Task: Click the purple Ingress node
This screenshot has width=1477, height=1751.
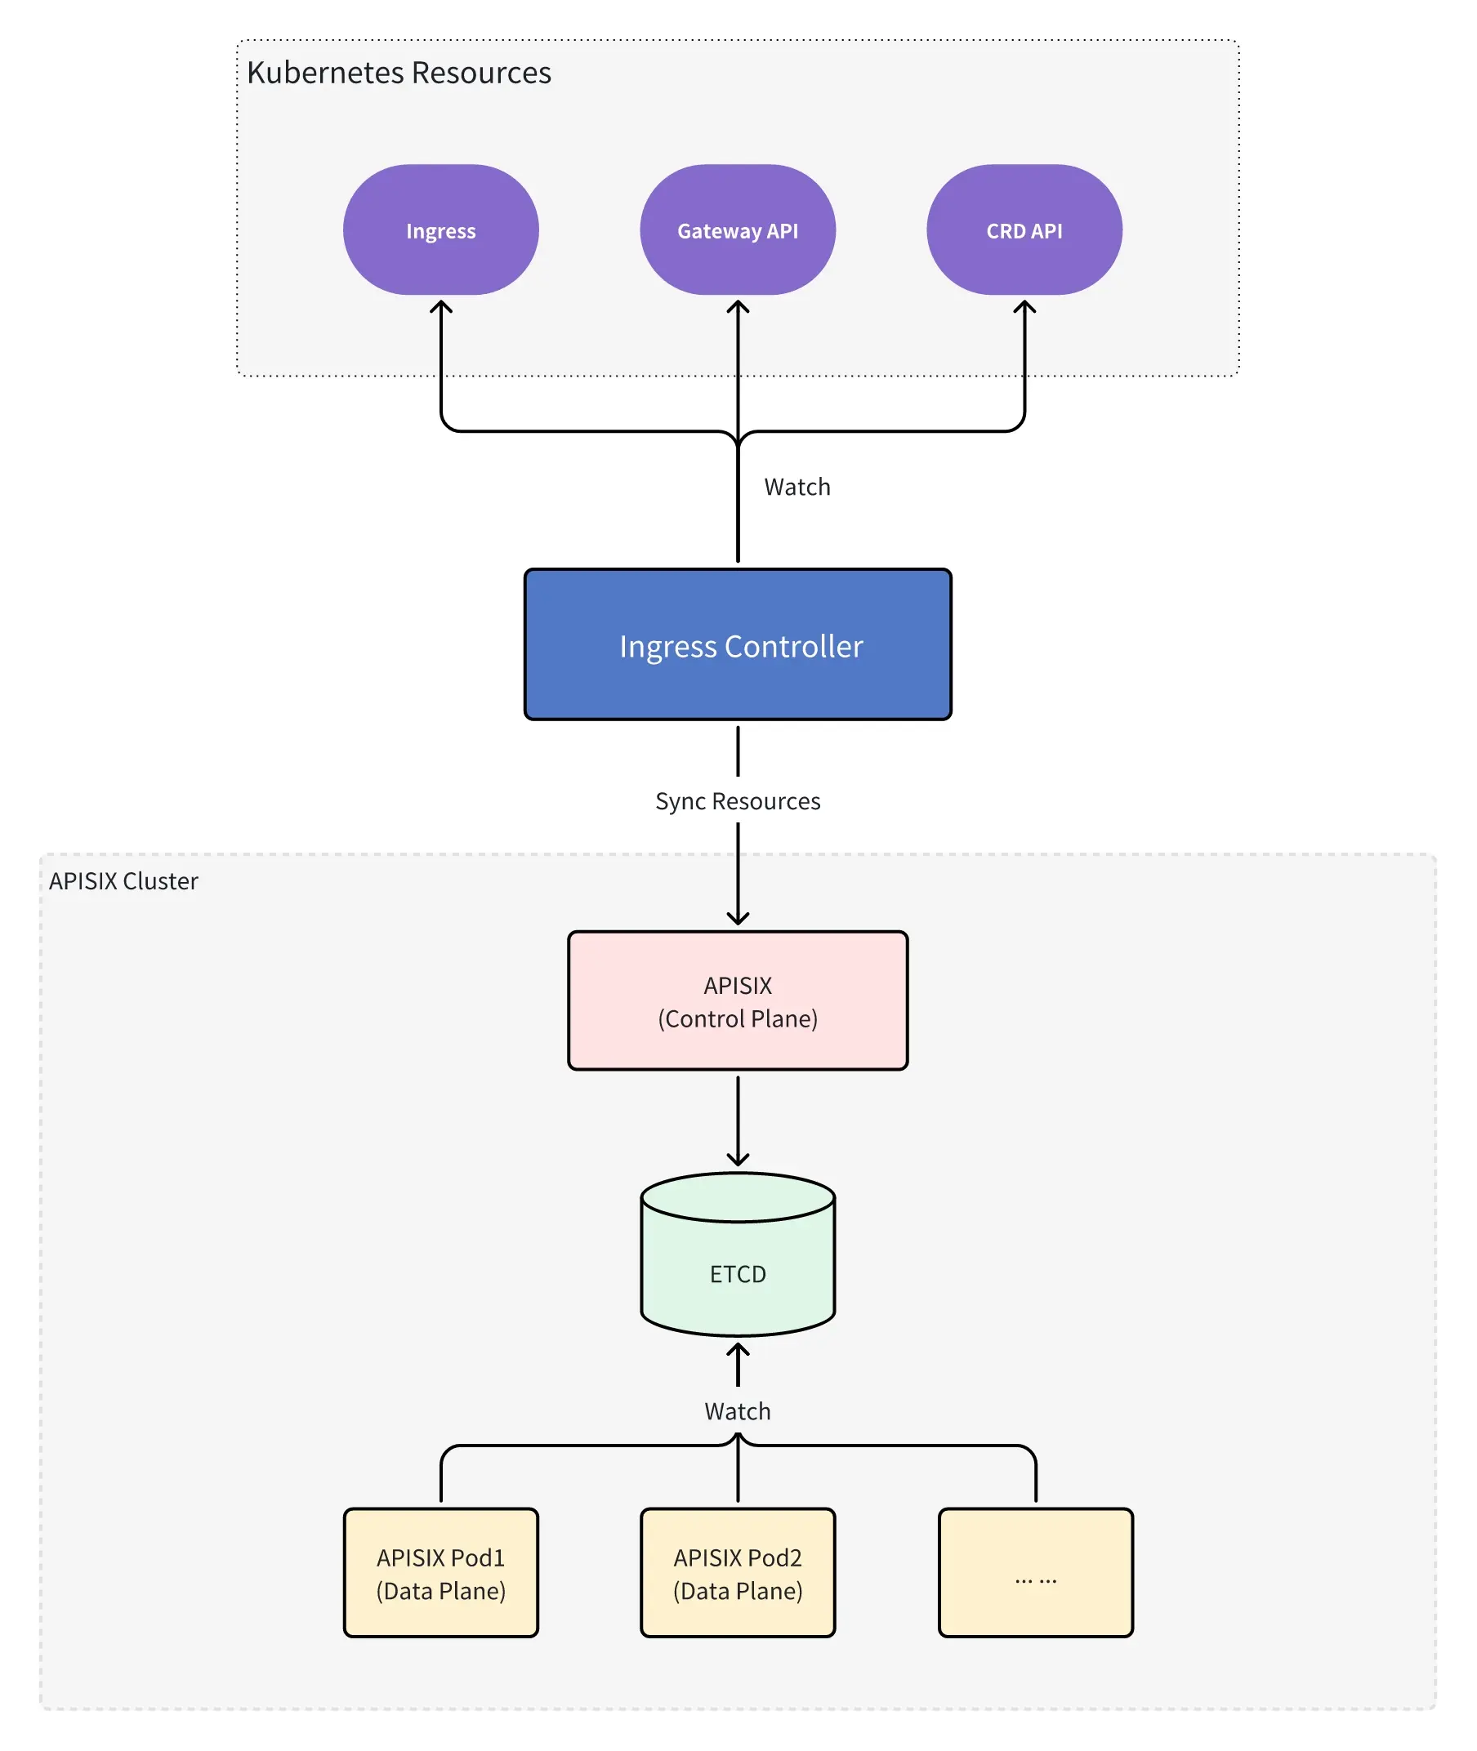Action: click(x=440, y=229)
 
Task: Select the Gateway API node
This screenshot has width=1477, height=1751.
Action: click(x=738, y=229)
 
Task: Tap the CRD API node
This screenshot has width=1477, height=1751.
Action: click(x=1024, y=229)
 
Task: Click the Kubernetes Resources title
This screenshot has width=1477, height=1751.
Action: click(x=399, y=73)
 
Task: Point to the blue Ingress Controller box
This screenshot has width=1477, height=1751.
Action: click(x=738, y=644)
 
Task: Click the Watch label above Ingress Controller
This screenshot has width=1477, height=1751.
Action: click(x=797, y=486)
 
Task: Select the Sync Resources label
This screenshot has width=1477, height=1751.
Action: click(x=738, y=800)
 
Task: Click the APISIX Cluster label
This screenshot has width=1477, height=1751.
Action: click(x=123, y=880)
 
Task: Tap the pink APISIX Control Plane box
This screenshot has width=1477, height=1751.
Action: click(x=738, y=1000)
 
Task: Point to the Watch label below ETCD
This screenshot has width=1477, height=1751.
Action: click(x=738, y=1410)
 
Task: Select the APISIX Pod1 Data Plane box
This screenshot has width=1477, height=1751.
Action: click(x=440, y=1573)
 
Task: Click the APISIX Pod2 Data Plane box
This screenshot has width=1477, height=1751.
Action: click(x=738, y=1573)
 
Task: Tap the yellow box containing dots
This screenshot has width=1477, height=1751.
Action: click(x=1035, y=1573)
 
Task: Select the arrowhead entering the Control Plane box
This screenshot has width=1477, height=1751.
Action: click(x=738, y=919)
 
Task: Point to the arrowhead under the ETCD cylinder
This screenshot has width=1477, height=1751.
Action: click(x=738, y=1349)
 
